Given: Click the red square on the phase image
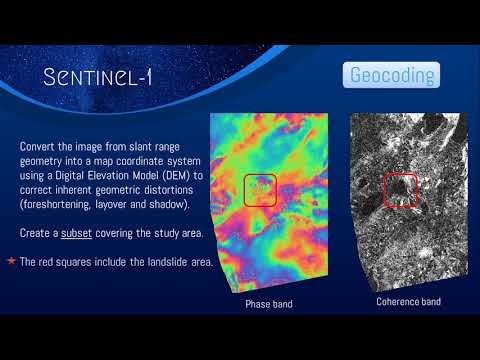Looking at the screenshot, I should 259,190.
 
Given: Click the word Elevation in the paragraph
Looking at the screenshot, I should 102,176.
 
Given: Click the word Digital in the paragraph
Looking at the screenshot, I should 60,176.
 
